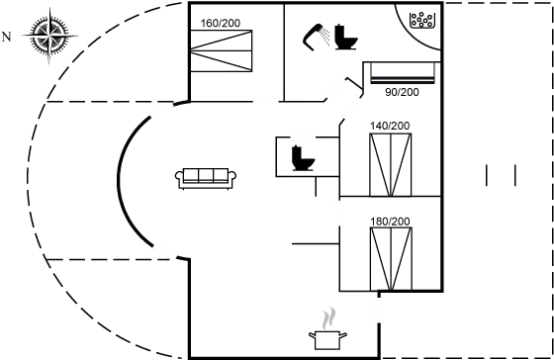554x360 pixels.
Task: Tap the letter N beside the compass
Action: pos(7,38)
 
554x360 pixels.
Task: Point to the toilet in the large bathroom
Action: pos(346,37)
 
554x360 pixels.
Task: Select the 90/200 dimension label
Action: pos(402,92)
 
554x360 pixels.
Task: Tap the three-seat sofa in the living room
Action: pos(206,177)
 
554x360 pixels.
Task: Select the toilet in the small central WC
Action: pos(301,158)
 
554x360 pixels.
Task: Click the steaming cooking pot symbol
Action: pos(326,332)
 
